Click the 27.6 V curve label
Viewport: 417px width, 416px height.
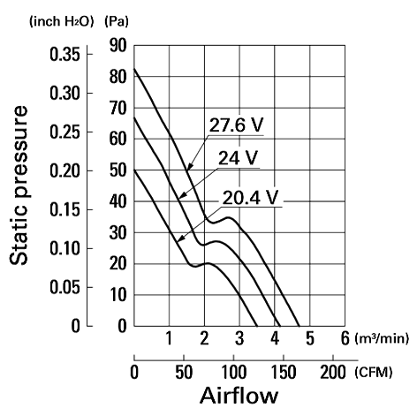(x=236, y=125)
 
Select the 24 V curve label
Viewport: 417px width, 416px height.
(x=238, y=158)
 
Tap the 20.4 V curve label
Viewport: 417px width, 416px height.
(x=250, y=197)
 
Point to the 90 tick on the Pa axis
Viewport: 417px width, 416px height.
(x=118, y=46)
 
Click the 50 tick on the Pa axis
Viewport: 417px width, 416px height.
(x=118, y=170)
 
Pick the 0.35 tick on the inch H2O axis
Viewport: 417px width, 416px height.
(x=64, y=55)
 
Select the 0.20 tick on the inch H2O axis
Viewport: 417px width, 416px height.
(x=64, y=170)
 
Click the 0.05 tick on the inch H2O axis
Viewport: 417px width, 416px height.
(x=64, y=287)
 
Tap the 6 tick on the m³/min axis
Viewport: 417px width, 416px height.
(x=345, y=338)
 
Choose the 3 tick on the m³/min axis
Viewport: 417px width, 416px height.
(x=239, y=338)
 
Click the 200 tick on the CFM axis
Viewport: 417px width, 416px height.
(x=333, y=372)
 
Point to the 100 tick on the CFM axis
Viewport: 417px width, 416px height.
(x=233, y=372)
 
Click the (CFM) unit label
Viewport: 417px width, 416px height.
(x=374, y=373)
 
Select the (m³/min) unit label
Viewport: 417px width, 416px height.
(x=382, y=338)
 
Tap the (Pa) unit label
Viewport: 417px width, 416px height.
(x=117, y=21)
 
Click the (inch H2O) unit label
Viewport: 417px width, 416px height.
(x=61, y=21)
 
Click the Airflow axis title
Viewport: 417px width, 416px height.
(x=239, y=395)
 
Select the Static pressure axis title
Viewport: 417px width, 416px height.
(x=19, y=185)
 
